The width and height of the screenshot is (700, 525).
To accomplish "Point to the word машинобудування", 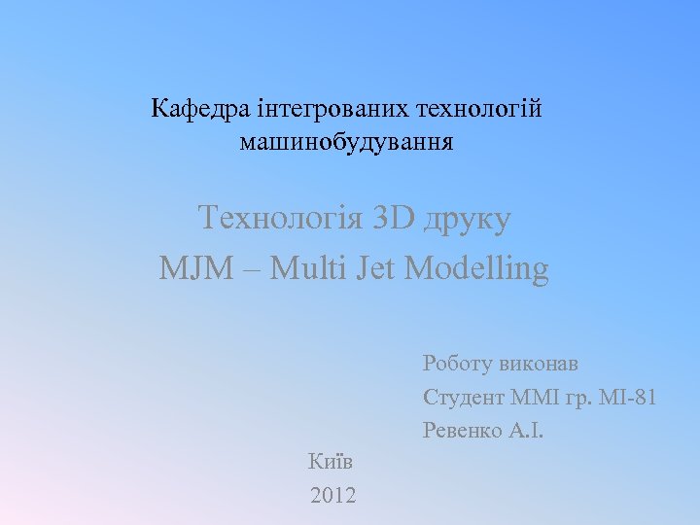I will point(346,144).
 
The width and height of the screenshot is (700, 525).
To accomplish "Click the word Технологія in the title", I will point(279,217).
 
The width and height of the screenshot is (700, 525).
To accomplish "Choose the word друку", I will point(467,219).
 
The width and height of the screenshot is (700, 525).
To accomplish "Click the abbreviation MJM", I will point(195,267).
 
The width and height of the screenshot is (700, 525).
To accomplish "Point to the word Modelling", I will point(475,268).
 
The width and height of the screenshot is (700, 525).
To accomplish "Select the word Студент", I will point(463,398).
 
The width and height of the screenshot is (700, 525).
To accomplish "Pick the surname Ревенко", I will point(463,430).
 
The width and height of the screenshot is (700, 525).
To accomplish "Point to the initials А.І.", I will point(525,430).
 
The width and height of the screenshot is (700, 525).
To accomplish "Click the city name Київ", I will point(331,463).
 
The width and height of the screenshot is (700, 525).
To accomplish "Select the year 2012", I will point(332,497).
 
